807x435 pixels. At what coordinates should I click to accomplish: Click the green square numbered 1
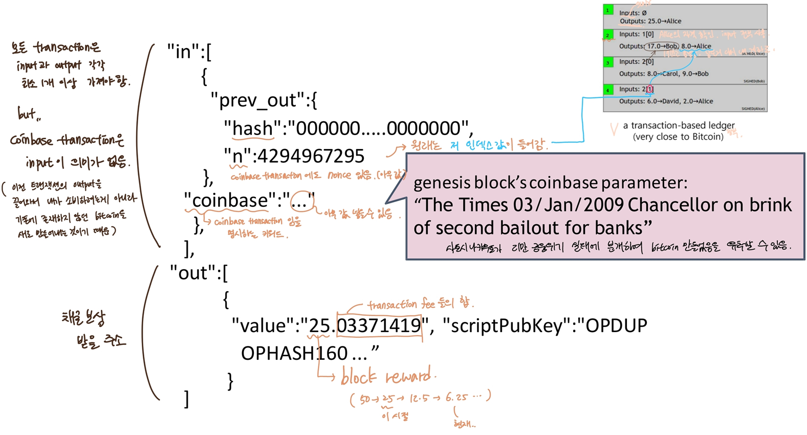(x=608, y=10)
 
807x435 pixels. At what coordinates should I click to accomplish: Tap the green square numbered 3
(x=608, y=62)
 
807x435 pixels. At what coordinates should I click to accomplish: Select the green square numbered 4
(x=608, y=90)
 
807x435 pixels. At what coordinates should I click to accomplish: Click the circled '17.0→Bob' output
(x=662, y=46)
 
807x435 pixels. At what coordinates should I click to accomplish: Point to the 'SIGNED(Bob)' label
(x=754, y=81)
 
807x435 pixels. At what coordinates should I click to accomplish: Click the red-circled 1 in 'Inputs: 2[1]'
(x=649, y=89)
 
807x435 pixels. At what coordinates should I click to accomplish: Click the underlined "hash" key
(x=253, y=128)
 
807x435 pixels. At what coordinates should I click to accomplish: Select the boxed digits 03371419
(x=379, y=325)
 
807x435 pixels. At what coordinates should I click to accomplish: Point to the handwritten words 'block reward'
(x=386, y=378)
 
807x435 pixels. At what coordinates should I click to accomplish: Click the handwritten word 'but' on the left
(x=28, y=114)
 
